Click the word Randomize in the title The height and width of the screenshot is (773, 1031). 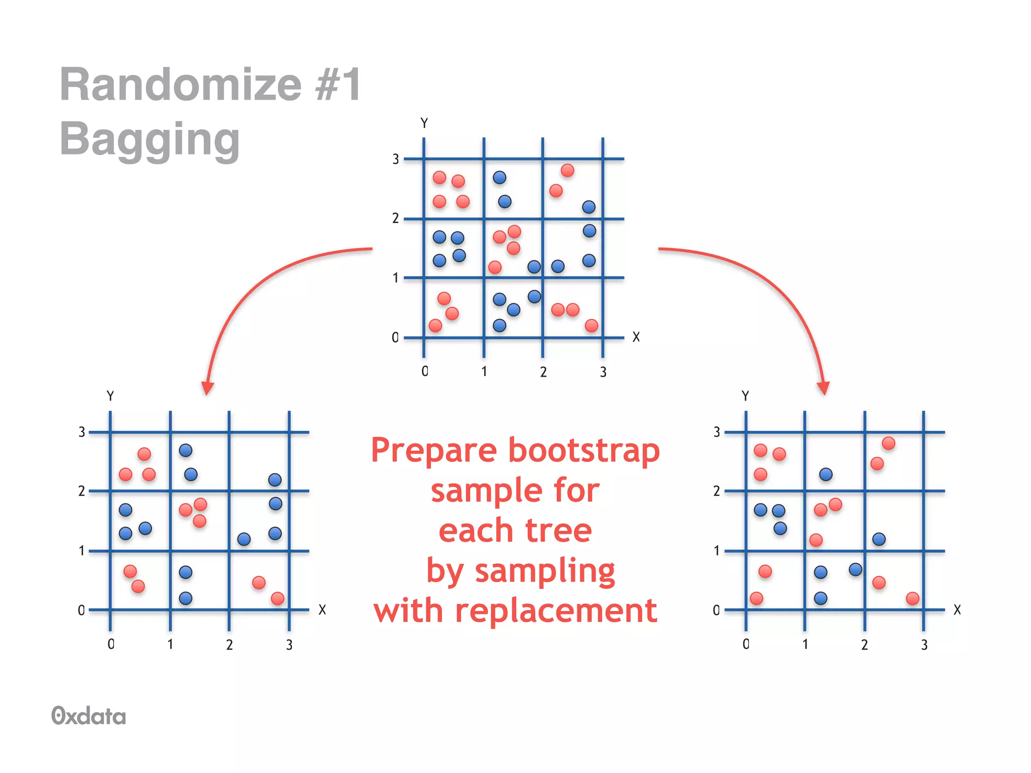coord(180,85)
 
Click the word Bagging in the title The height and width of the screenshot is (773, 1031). coord(150,139)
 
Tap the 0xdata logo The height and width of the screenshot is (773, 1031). coord(89,716)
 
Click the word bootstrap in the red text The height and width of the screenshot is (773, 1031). coord(583,450)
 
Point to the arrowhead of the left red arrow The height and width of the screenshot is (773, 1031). coord(207,388)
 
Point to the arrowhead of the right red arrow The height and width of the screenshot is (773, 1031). coord(824,388)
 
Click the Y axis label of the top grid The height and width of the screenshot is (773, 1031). coord(424,123)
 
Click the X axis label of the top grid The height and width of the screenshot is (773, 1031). coord(636,337)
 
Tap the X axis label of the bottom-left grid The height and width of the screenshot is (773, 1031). coord(322,610)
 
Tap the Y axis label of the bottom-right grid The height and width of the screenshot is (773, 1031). coord(745,396)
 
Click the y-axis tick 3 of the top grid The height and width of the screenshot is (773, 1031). coord(396,160)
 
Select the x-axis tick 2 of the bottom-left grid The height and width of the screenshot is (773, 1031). coord(230,645)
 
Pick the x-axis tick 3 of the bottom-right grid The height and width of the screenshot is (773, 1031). coord(924,645)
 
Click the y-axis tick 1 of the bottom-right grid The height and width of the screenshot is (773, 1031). coord(716,551)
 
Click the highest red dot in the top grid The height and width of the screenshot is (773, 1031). coord(567,171)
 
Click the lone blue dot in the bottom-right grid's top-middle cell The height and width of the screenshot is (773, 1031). coord(826,474)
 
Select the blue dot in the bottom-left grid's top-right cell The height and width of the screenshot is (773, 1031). coord(275,480)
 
